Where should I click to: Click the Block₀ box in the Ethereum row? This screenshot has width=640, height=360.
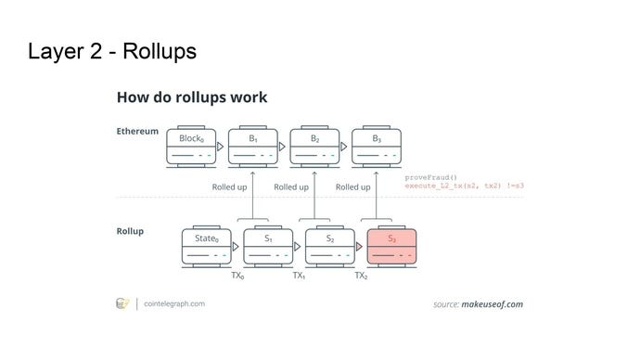(x=191, y=147)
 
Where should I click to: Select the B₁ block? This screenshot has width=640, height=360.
(x=253, y=147)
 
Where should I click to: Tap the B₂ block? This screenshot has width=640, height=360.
(x=314, y=147)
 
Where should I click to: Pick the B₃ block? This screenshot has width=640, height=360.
(x=377, y=147)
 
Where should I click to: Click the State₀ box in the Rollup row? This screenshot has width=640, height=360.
(x=207, y=247)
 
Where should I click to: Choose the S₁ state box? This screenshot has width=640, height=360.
(x=268, y=247)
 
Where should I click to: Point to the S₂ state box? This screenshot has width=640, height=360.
(x=330, y=247)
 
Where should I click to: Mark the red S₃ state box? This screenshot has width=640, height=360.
(x=391, y=247)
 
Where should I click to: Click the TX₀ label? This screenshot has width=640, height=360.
(x=237, y=276)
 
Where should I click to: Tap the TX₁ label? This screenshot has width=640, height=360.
(x=299, y=276)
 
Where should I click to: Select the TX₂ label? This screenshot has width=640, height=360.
(x=361, y=276)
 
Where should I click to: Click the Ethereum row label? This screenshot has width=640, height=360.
(x=137, y=132)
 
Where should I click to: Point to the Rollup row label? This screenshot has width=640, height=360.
(x=130, y=231)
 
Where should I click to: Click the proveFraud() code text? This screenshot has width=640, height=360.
(x=431, y=177)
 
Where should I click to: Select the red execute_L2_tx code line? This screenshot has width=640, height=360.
(x=464, y=186)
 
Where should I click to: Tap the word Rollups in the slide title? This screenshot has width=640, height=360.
(x=160, y=52)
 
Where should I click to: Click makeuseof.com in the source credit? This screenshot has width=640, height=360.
(x=493, y=304)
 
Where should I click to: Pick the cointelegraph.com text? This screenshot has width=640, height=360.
(x=174, y=304)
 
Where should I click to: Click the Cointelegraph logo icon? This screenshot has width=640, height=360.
(x=122, y=303)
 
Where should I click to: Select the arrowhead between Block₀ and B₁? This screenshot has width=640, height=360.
(x=221, y=147)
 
